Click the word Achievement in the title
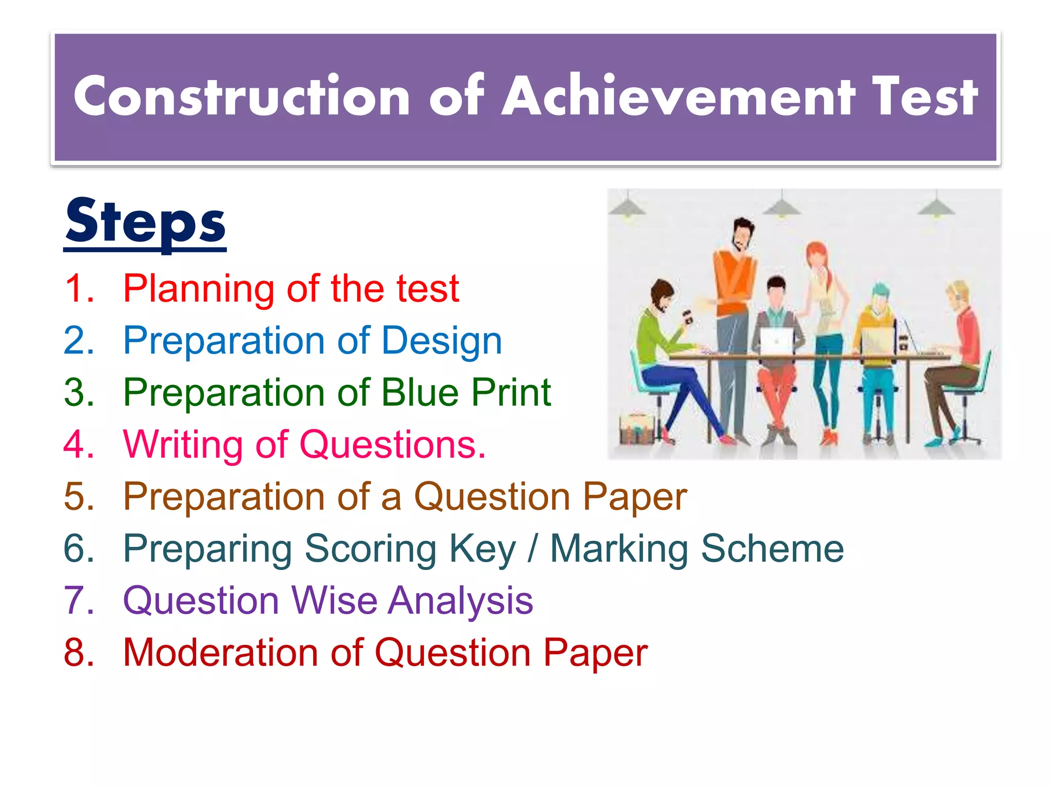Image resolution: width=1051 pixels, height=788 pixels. coord(678,96)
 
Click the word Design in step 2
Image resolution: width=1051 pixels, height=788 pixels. coord(441,342)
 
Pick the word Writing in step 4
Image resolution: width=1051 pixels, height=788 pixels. coord(183,445)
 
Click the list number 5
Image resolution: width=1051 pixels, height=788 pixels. coord(79,497)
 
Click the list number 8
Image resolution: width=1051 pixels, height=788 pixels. coord(79,653)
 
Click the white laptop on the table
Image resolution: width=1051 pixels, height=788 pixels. coord(776,341)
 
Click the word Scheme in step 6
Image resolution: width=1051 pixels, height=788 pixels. coord(772,549)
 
